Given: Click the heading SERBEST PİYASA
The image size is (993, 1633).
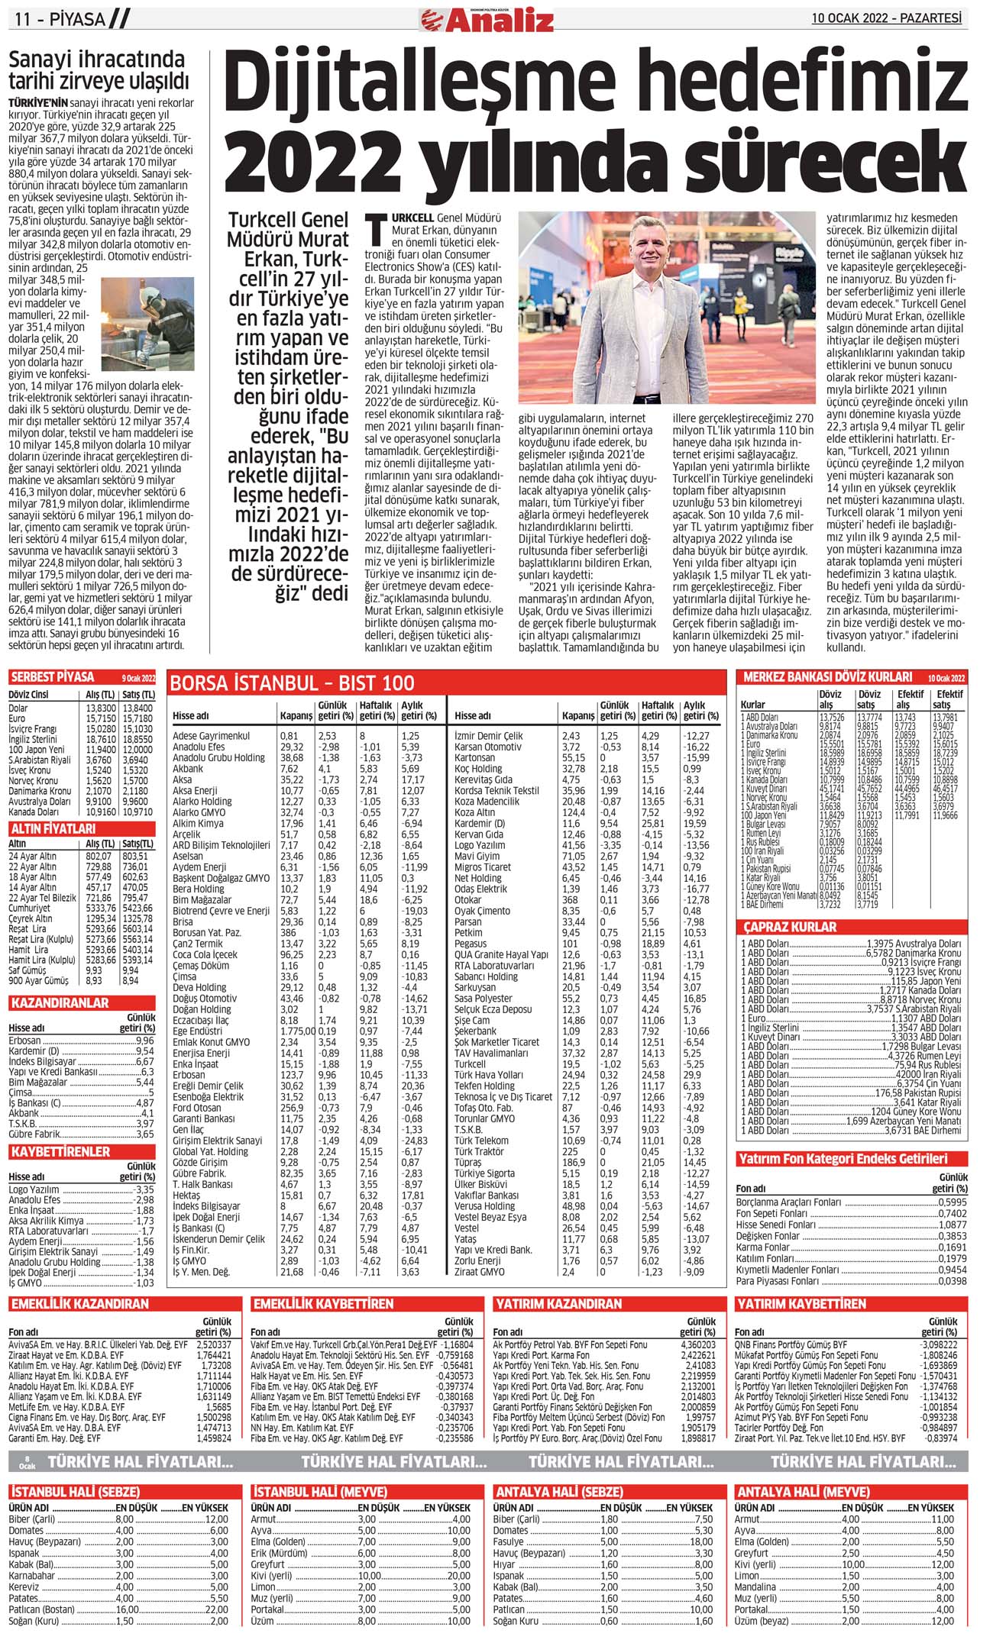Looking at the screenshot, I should pyautogui.click(x=53, y=677).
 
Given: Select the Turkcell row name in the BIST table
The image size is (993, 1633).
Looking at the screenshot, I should pyautogui.click(x=470, y=1063).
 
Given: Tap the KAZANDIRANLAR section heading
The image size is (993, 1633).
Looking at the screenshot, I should pyautogui.click(x=60, y=1002).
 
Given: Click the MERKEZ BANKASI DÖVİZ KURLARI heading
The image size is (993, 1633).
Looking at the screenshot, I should pyautogui.click(x=827, y=676).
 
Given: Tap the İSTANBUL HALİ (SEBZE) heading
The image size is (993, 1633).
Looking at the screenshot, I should pyautogui.click(x=75, y=1491).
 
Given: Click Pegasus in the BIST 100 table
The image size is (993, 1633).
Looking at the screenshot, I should pyautogui.click(x=471, y=944).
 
